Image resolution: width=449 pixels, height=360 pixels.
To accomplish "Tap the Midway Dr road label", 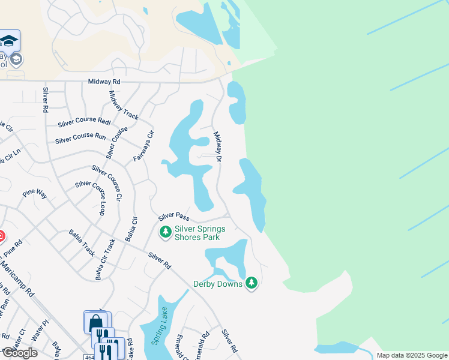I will tap(218, 147).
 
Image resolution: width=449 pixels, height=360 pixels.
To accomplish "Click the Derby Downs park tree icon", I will tap(252, 282).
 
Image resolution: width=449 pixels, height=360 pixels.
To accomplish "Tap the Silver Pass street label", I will tap(173, 215).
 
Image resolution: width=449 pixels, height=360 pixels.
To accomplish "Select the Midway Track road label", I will tap(123, 105).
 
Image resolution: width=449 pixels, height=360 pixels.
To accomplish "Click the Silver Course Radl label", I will tap(85, 122).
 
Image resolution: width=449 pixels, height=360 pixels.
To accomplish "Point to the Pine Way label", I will tap(34, 193).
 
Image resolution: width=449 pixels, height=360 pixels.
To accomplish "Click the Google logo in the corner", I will tap(19, 353).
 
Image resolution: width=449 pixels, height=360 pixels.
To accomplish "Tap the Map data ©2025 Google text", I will tap(411, 355).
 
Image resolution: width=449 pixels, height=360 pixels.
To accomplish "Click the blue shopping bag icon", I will tap(95, 322).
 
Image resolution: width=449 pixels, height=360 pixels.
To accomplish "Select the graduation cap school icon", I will tap(9, 41).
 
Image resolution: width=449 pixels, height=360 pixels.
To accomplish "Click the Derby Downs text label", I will tap(217, 284).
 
